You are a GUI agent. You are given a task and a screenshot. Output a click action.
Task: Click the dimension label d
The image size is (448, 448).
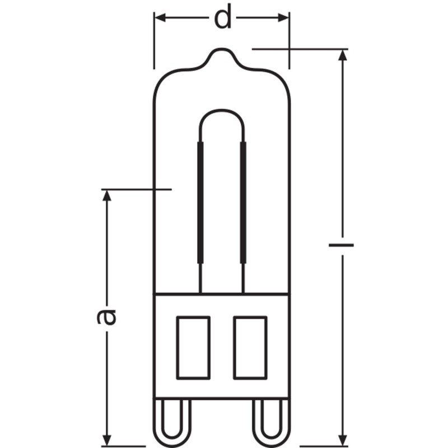click(223, 18)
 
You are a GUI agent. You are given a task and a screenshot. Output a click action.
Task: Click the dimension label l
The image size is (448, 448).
click(341, 245)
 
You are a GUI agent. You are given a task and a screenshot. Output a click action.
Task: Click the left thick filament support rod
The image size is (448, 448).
click(200, 202)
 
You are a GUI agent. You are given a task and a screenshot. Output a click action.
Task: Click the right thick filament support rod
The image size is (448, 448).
click(244, 202)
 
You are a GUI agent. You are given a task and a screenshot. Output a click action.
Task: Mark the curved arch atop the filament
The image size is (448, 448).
click(222, 112)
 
